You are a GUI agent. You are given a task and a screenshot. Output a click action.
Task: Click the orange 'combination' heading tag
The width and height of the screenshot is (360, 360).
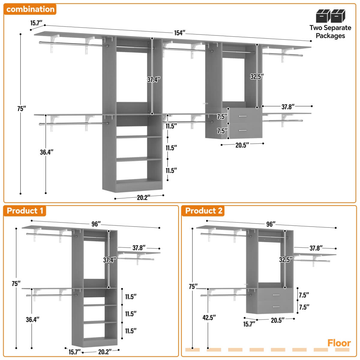click(x=30, y=9)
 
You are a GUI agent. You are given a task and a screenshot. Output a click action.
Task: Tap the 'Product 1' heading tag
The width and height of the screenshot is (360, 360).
click(x=25, y=211)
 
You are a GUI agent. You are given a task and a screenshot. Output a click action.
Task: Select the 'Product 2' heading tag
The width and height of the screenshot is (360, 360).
click(x=204, y=211)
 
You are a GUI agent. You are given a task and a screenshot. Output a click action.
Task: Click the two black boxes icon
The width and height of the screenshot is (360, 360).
click(x=330, y=16)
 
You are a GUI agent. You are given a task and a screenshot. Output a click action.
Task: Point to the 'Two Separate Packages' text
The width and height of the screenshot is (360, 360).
click(x=330, y=32)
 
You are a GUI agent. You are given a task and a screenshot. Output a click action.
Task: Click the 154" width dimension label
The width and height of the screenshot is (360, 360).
click(x=179, y=33)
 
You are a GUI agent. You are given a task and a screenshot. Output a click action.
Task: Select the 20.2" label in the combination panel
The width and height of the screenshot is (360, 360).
click(x=143, y=198)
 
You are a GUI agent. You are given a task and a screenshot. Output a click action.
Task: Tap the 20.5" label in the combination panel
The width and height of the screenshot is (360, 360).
click(x=242, y=145)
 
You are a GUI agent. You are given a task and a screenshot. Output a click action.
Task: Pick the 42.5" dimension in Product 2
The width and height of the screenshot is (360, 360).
click(x=209, y=317)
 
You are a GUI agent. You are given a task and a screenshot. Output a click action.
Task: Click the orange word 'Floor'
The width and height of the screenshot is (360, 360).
click(x=339, y=343)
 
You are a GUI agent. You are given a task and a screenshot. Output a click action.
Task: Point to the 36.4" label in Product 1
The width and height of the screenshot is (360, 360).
click(x=32, y=319)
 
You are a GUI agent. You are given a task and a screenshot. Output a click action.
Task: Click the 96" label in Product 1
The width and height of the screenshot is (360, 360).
click(x=96, y=224)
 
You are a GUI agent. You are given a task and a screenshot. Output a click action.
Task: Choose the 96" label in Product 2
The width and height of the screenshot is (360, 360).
click(x=271, y=224)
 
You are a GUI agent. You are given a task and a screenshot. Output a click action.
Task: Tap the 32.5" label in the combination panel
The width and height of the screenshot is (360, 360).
click(x=257, y=76)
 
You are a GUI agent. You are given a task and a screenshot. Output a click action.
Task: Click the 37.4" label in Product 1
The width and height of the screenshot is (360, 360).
click(x=110, y=260)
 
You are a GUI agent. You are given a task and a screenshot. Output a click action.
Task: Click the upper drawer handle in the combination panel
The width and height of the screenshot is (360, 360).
click(x=243, y=116)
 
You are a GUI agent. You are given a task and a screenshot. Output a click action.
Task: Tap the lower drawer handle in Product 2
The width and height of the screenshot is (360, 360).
click(x=276, y=307)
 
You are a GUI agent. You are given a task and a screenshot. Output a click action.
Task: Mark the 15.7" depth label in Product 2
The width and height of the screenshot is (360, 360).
click(x=249, y=324)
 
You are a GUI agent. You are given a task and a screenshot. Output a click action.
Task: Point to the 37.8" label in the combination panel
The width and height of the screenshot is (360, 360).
click(x=288, y=106)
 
